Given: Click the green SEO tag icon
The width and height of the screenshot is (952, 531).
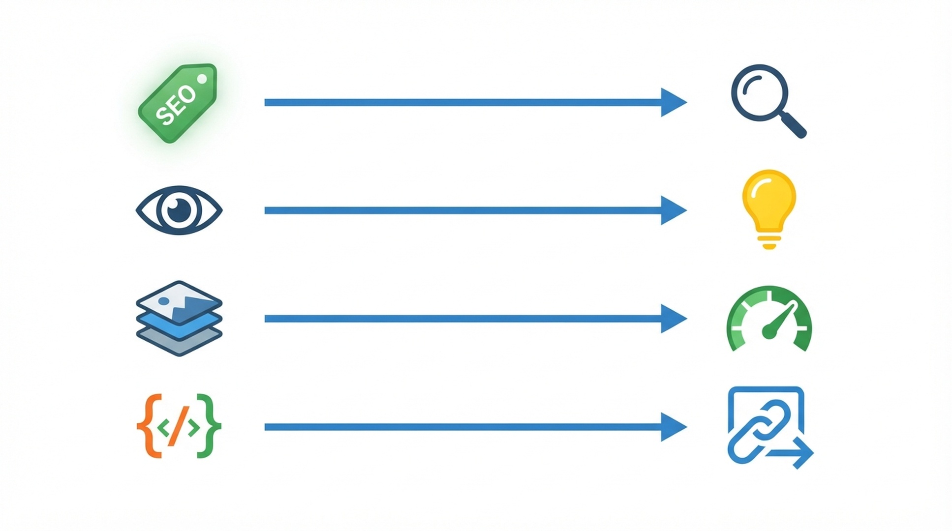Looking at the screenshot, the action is coord(178,103).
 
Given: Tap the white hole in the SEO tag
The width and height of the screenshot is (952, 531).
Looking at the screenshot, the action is coord(202,79).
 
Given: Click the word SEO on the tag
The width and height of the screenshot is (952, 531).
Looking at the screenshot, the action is coord(176,105).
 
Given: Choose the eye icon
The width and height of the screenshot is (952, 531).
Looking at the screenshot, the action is coord(179,210).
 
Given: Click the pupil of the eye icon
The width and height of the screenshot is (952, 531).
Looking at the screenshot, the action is coord(179,210).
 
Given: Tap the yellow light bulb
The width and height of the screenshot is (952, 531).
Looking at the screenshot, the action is coord(768,209).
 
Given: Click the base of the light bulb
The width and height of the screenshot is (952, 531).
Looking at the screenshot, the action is coord(768,242).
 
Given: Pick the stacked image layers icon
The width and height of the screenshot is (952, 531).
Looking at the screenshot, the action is coord(179,319).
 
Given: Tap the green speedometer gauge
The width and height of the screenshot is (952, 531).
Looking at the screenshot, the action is coord(769,319).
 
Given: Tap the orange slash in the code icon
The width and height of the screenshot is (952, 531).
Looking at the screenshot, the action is coord(179,426).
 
